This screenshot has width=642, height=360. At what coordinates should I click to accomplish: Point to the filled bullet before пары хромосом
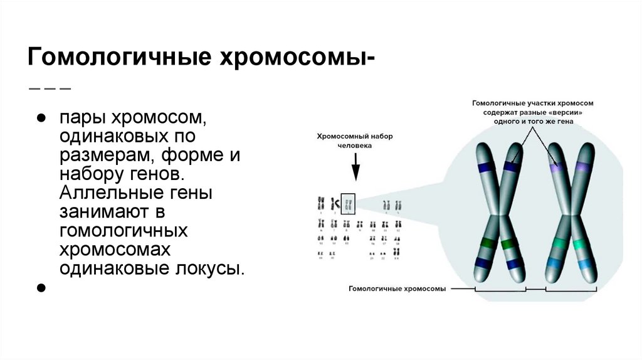click(x=41, y=118)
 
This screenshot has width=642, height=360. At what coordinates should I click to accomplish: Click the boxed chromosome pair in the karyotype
click(x=349, y=203)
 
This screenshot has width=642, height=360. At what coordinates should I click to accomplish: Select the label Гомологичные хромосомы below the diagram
click(x=397, y=289)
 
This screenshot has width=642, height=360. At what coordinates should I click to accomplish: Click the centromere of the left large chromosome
click(x=499, y=215)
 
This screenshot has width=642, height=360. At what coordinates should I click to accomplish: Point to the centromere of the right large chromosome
click(x=569, y=215)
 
